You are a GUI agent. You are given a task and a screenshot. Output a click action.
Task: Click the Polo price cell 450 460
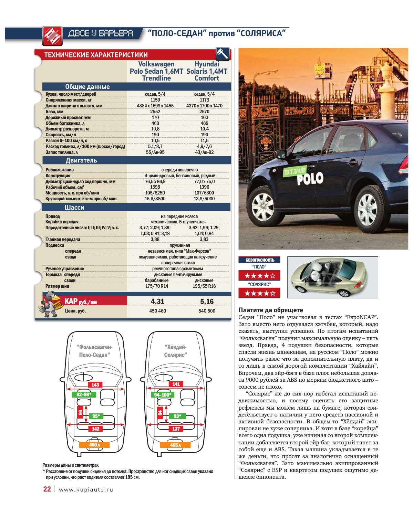click(x=157, y=311)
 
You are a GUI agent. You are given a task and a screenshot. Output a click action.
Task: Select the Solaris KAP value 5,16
click(x=207, y=302)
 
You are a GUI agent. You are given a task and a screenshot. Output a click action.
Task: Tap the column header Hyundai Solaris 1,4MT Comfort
click(x=206, y=71)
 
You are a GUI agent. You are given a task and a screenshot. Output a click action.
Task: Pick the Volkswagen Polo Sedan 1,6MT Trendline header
click(x=157, y=71)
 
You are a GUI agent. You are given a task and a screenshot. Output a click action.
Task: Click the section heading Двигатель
click(x=81, y=160)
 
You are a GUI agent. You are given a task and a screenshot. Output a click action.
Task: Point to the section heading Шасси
click(x=74, y=208)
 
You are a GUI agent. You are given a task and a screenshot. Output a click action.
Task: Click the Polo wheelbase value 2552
click(x=155, y=112)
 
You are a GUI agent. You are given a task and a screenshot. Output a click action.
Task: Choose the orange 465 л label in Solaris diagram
click(x=175, y=445)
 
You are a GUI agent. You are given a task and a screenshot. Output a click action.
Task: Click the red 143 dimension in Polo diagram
click(x=95, y=385)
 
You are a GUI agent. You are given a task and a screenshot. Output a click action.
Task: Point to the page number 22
click(x=47, y=489)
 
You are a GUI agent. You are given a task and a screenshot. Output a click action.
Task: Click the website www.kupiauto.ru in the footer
click(x=86, y=489)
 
